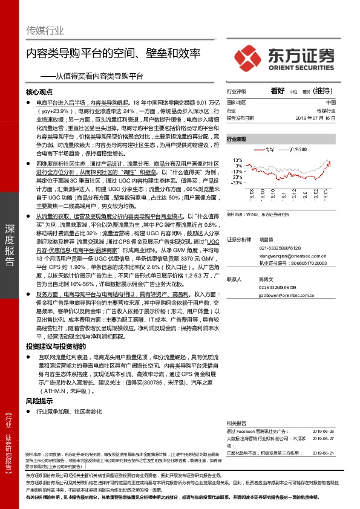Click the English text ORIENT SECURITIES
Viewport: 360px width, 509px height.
click(x=299, y=66)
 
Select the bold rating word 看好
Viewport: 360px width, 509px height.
click(x=278, y=91)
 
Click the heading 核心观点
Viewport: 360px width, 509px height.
click(x=41, y=92)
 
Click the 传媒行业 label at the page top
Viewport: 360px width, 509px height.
click(x=45, y=30)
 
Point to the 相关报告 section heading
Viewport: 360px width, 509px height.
click(x=236, y=423)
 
